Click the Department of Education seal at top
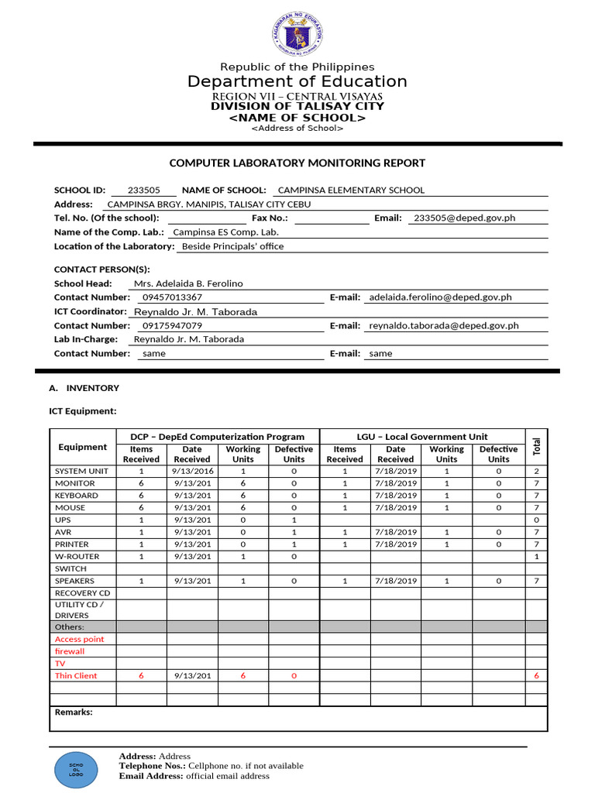(297, 35)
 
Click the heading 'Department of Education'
(297, 82)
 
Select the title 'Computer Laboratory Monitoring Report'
(297, 163)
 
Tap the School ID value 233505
(143, 190)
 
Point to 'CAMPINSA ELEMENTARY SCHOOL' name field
(351, 190)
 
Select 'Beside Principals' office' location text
(232, 246)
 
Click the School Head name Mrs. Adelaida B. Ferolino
(188, 283)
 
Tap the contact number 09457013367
(172, 297)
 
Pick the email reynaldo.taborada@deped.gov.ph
(444, 326)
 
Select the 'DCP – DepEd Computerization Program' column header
(217, 437)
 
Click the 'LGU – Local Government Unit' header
(422, 437)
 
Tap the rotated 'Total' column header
(536, 446)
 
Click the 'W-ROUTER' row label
(76, 556)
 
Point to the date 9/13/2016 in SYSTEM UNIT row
(192, 471)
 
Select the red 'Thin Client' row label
(76, 676)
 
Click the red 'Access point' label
(79, 640)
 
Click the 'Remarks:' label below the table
(74, 712)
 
